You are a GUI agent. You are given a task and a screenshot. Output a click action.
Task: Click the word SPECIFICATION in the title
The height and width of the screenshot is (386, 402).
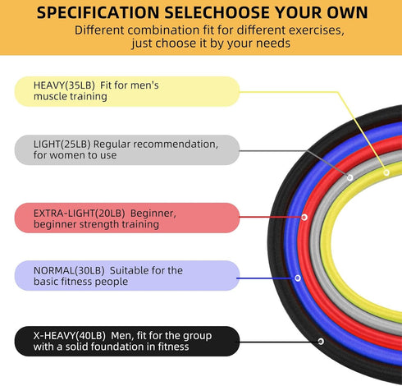tap(98, 12)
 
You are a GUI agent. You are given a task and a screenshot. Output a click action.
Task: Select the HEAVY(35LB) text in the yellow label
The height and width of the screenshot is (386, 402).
tap(64, 85)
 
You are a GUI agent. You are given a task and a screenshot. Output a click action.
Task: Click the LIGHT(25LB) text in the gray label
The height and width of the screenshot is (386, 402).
tap(62, 145)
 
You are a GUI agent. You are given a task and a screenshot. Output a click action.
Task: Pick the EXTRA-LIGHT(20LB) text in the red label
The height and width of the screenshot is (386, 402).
tap(79, 214)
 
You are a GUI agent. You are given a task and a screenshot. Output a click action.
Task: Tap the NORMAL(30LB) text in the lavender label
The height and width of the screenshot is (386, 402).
tap(69, 271)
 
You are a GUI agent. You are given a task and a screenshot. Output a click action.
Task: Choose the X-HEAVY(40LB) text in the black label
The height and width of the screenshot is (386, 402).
tap(70, 336)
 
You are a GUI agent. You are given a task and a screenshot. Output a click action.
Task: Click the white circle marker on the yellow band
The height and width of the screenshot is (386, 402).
tap(386, 172)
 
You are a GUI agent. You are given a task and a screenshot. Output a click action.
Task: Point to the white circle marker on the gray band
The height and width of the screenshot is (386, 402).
tap(349, 177)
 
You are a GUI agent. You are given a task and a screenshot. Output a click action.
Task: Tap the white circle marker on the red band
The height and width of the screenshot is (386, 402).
tap(304, 218)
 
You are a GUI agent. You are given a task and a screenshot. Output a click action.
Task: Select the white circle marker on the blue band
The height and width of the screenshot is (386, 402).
tap(298, 278)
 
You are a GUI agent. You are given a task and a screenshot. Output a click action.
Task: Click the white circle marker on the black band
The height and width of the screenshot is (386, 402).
tap(321, 342)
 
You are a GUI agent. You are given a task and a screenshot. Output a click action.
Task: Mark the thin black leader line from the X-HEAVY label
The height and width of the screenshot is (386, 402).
tap(278, 342)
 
